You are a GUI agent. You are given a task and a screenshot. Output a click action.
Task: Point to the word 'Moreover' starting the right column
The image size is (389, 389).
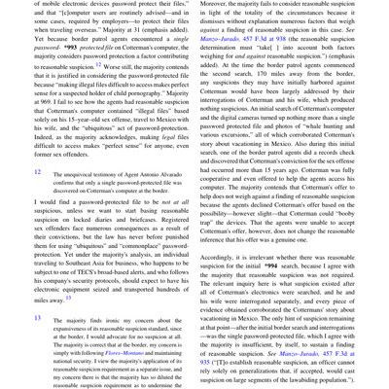(x=217, y=5)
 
